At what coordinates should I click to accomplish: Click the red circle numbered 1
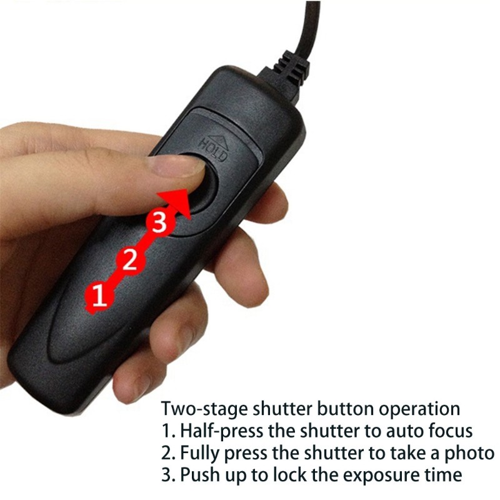[x=97, y=296]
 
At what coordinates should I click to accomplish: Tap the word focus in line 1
[x=447, y=431]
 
